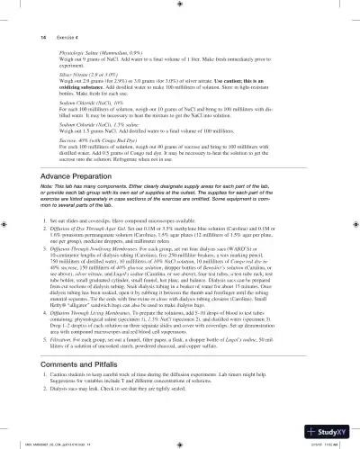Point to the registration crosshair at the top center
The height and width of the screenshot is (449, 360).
[x=180, y=10]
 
